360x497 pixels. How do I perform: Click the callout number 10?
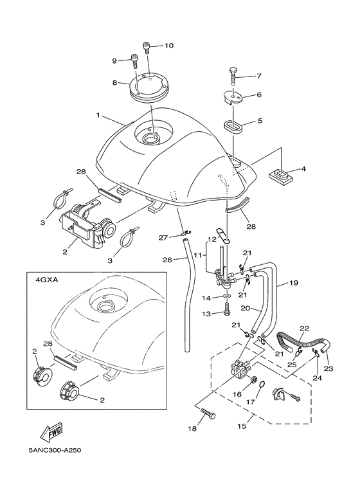(x=169, y=46)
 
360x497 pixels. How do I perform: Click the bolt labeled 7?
(x=233, y=77)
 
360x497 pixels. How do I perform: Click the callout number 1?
(x=98, y=116)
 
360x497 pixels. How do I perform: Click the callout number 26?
(x=166, y=260)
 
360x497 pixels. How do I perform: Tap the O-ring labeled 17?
(x=264, y=386)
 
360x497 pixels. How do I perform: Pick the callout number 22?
(x=305, y=329)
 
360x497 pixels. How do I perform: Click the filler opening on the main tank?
(x=152, y=138)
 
